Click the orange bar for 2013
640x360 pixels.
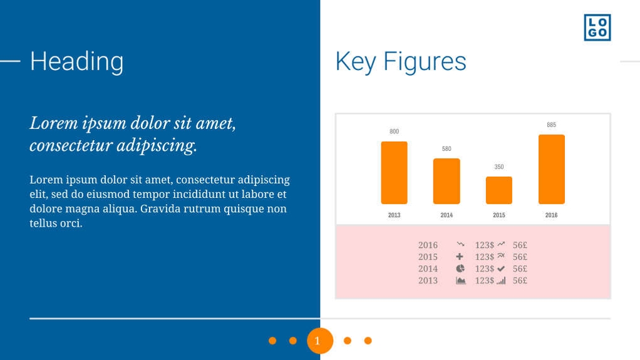(x=394, y=173)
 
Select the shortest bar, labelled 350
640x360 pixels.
(x=498, y=190)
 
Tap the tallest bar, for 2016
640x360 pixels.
(x=551, y=169)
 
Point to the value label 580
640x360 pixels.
(x=446, y=149)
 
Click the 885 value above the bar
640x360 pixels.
(x=551, y=125)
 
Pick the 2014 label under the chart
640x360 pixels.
(x=446, y=215)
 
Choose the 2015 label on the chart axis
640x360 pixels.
(x=498, y=215)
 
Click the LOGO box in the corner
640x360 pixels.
(x=597, y=28)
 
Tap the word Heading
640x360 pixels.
(x=76, y=61)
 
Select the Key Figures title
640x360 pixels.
(x=401, y=61)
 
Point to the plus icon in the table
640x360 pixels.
(x=460, y=257)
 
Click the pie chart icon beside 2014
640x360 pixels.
(x=460, y=269)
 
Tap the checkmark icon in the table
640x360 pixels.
(x=501, y=269)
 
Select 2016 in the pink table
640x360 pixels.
(x=428, y=245)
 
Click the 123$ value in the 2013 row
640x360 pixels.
(x=484, y=280)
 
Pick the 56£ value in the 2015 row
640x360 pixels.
(x=520, y=257)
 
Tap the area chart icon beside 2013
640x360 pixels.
(x=461, y=280)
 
